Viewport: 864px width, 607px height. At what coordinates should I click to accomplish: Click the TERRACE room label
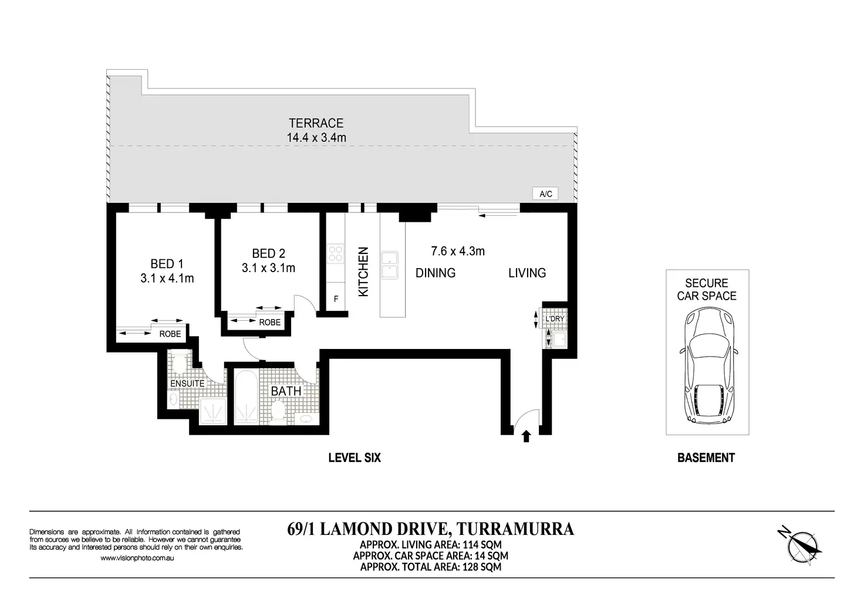pos(316,123)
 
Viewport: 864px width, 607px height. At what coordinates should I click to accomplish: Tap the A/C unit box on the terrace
pos(545,194)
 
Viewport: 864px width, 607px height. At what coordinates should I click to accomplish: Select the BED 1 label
pos(167,264)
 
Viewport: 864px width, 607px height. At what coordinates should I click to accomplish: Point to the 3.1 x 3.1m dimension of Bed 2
pos(268,268)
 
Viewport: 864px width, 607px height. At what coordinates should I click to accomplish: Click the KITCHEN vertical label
pos(363,272)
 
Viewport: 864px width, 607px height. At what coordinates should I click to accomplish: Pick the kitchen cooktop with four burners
pos(336,254)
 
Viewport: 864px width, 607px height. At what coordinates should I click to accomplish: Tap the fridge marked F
pos(336,299)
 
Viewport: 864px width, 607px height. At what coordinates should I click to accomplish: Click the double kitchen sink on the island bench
pos(389,264)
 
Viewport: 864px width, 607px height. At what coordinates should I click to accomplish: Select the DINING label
pos(436,273)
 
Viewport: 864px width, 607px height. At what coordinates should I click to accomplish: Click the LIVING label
pos(527,273)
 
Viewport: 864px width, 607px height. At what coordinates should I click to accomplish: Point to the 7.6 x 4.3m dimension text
pos(458,251)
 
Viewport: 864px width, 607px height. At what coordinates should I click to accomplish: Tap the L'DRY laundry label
pos(555,318)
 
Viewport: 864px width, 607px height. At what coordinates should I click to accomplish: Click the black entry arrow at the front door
pos(526,436)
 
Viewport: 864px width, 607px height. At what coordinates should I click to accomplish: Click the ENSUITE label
pos(187,384)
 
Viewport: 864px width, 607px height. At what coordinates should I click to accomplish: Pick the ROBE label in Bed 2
pos(269,322)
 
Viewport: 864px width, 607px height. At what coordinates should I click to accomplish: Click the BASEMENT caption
pos(706,457)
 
